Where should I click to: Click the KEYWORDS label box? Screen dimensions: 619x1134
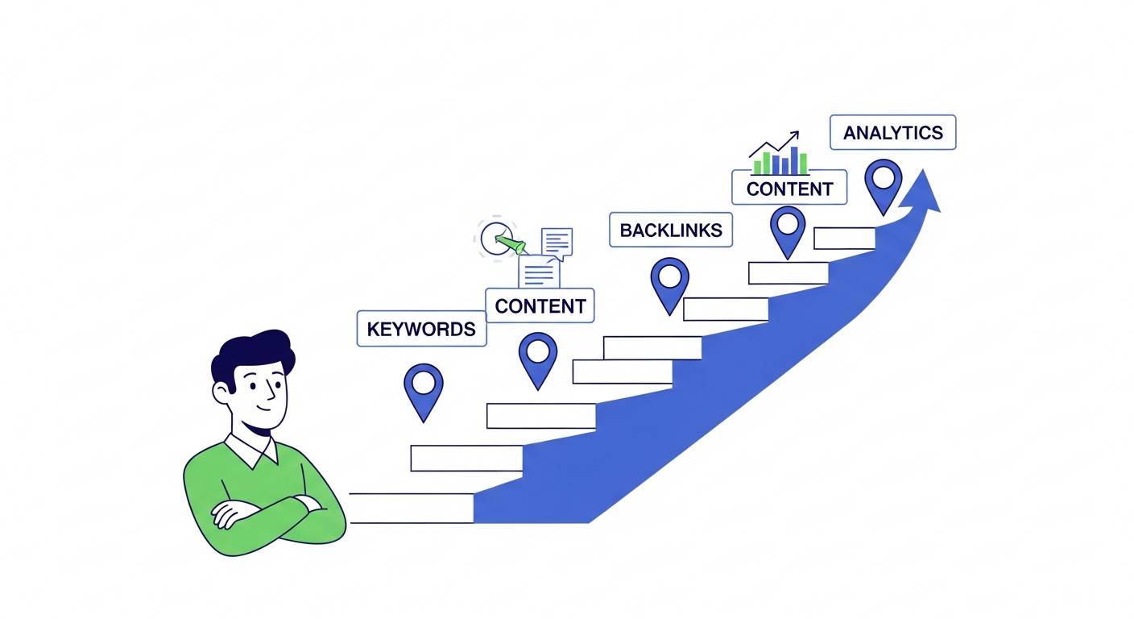(x=421, y=329)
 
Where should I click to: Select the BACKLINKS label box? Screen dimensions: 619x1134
(x=670, y=231)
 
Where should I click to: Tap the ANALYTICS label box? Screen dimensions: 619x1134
(x=892, y=133)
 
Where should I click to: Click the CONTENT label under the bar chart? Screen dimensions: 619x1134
(x=788, y=189)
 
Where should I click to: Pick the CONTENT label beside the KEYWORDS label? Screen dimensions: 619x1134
(x=540, y=306)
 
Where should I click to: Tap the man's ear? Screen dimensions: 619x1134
(x=222, y=393)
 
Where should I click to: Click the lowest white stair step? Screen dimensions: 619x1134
(x=411, y=509)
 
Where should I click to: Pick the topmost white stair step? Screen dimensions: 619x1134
(x=844, y=238)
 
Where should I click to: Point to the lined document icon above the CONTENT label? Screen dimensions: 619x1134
(x=539, y=272)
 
